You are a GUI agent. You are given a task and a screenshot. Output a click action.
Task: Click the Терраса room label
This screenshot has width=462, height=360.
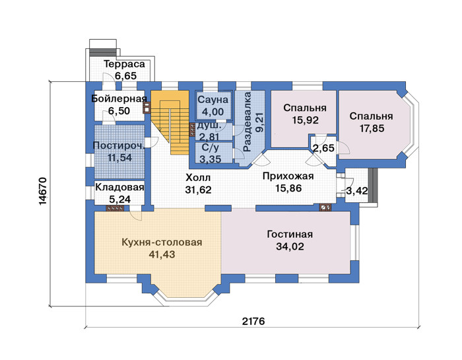click(124, 64)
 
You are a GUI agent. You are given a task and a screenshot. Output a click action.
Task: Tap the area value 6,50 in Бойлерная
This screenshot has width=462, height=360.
click(119, 111)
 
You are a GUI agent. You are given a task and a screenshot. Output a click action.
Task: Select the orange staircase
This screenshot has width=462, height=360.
click(170, 122)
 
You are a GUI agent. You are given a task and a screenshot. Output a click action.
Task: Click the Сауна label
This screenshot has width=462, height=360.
click(213, 100)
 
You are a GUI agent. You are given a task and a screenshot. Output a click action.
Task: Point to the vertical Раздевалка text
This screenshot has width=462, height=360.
click(247, 122)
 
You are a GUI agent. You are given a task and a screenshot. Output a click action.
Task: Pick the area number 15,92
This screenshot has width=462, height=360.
click(305, 120)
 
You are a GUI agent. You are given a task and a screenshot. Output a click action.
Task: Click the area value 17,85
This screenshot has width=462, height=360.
click(372, 129)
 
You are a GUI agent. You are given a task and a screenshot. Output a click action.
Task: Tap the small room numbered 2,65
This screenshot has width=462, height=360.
click(323, 148)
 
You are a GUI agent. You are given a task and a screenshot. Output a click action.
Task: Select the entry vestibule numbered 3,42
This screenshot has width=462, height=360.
click(356, 186)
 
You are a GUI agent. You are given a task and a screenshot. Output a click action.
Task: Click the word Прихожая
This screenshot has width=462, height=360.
click(288, 176)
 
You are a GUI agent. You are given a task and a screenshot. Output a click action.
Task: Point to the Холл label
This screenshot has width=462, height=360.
click(198, 178)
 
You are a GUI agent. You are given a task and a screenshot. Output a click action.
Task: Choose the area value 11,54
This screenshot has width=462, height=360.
click(119, 158)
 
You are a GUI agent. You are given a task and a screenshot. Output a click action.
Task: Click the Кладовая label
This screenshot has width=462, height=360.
click(119, 187)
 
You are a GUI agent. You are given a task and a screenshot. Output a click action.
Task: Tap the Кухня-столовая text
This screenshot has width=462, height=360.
click(162, 242)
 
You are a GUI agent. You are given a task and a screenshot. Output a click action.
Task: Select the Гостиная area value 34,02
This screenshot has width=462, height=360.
click(290, 246)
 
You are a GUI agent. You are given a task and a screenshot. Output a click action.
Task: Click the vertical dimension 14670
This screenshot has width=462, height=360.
click(42, 192)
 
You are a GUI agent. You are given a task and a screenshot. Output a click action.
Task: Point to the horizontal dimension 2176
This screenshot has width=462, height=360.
click(253, 321)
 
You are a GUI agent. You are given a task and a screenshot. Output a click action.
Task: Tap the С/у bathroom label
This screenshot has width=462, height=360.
click(211, 147)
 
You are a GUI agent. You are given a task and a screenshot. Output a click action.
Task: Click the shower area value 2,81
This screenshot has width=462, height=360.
click(209, 137)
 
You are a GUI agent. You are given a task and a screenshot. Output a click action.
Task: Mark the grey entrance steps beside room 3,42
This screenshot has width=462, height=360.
click(373, 186)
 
